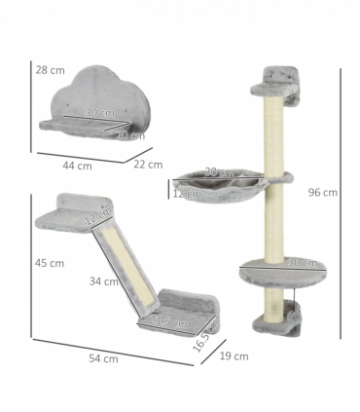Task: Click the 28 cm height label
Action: coord(49,70)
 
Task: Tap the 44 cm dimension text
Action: coord(77,166)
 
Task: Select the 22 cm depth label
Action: coord(148,164)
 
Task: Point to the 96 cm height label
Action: coord(323,192)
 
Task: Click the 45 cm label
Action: coord(49,263)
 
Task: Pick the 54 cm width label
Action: coord(103,358)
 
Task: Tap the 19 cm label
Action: coord(234,356)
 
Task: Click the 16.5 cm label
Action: coord(200,338)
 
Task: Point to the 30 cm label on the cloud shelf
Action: coord(98,113)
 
